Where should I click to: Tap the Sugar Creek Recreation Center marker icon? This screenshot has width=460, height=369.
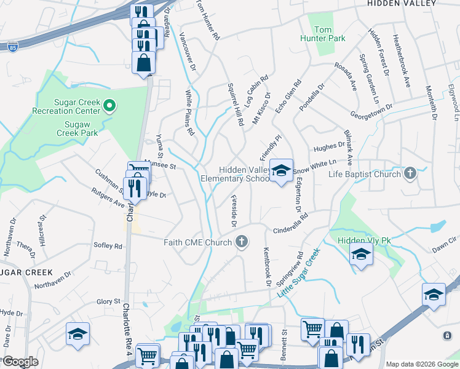point(109,106)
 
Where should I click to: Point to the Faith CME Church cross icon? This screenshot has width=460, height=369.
point(242,242)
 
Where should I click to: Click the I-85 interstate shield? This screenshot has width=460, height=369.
point(14,46)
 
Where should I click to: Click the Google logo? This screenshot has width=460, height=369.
point(20,362)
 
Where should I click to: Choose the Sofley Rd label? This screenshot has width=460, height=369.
point(108,246)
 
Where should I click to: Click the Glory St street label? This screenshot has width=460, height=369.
point(108,301)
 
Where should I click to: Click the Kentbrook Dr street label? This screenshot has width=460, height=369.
point(267,267)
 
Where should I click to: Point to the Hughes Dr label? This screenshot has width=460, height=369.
point(329,146)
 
